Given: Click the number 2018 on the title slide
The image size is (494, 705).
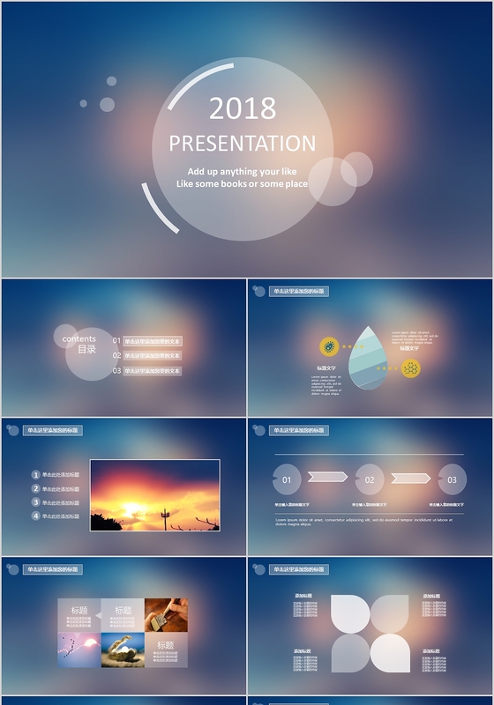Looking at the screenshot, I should pos(243,108).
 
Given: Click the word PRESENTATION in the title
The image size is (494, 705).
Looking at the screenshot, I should pos(243,144).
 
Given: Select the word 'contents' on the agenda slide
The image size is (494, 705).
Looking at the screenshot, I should pos(79,339).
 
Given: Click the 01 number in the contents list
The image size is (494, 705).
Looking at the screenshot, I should pos(116,340).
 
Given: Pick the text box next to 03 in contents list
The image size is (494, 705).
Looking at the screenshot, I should pos(153,371).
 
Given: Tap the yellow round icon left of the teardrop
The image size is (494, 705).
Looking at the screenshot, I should pos(329,346).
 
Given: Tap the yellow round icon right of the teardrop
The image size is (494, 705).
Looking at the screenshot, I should pos(410,368).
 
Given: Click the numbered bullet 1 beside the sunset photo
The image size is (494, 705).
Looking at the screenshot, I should pos(36,475).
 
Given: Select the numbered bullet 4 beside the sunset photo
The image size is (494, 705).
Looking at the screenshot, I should pos(36,516).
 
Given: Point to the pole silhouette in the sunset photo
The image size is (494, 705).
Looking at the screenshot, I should pos(165,517).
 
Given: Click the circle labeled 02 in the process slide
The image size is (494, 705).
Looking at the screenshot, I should pos(370,479).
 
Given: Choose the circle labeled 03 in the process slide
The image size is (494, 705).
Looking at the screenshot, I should pos(452,479).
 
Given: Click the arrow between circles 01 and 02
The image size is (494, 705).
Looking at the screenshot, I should pos(327,478).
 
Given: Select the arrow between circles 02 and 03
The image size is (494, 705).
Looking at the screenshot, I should pos(410,478).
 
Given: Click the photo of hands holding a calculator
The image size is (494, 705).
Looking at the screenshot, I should pos(166,615).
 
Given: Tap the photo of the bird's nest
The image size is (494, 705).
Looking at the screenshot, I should pos(123,649).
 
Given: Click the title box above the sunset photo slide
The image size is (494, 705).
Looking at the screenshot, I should pos(52,431).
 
